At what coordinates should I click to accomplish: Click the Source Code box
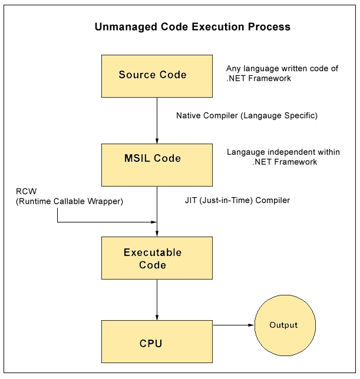[x=157, y=76]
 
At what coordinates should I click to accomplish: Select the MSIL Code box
[x=157, y=165]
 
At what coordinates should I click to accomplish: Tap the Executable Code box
[x=157, y=258]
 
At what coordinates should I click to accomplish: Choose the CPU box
[x=157, y=341]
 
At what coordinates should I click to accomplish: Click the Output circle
[x=285, y=325]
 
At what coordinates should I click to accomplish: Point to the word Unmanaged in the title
[x=126, y=27]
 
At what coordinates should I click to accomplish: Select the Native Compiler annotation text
[x=247, y=115]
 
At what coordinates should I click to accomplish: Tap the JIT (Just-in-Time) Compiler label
[x=237, y=200]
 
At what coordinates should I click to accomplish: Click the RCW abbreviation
[x=26, y=191]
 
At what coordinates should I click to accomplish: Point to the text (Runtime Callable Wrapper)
[x=70, y=201]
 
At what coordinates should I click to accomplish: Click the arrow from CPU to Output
[x=233, y=325]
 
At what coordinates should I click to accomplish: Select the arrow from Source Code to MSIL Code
[x=157, y=121]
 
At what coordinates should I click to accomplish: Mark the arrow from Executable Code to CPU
[x=157, y=300]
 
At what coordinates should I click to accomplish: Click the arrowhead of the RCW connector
[x=154, y=222]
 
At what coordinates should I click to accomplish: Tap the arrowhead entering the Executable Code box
[x=157, y=234]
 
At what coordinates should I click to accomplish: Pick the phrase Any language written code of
[x=282, y=69]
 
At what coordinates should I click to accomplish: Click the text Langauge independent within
[x=283, y=152]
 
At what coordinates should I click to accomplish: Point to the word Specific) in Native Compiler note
[x=300, y=115]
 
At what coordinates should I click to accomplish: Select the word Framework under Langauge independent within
[x=295, y=162]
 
